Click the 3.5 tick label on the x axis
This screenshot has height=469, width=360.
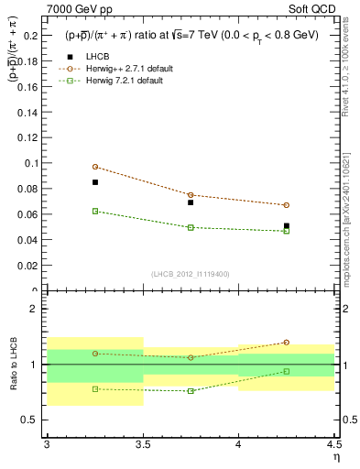pyautogui.click(x=143, y=444)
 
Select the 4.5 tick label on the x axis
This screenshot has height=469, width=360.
pyautogui.click(x=333, y=444)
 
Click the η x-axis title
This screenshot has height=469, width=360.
pyautogui.click(x=335, y=456)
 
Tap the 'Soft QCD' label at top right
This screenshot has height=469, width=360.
pyautogui.click(x=314, y=9)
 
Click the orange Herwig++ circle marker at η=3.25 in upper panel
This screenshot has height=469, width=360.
pyautogui.click(x=95, y=167)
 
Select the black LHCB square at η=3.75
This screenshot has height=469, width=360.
pyautogui.click(x=191, y=202)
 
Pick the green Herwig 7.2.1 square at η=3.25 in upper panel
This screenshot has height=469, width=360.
pyautogui.click(x=95, y=211)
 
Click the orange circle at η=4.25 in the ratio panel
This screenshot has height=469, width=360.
pyautogui.click(x=287, y=343)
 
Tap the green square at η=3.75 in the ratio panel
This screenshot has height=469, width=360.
pyautogui.click(x=191, y=391)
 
